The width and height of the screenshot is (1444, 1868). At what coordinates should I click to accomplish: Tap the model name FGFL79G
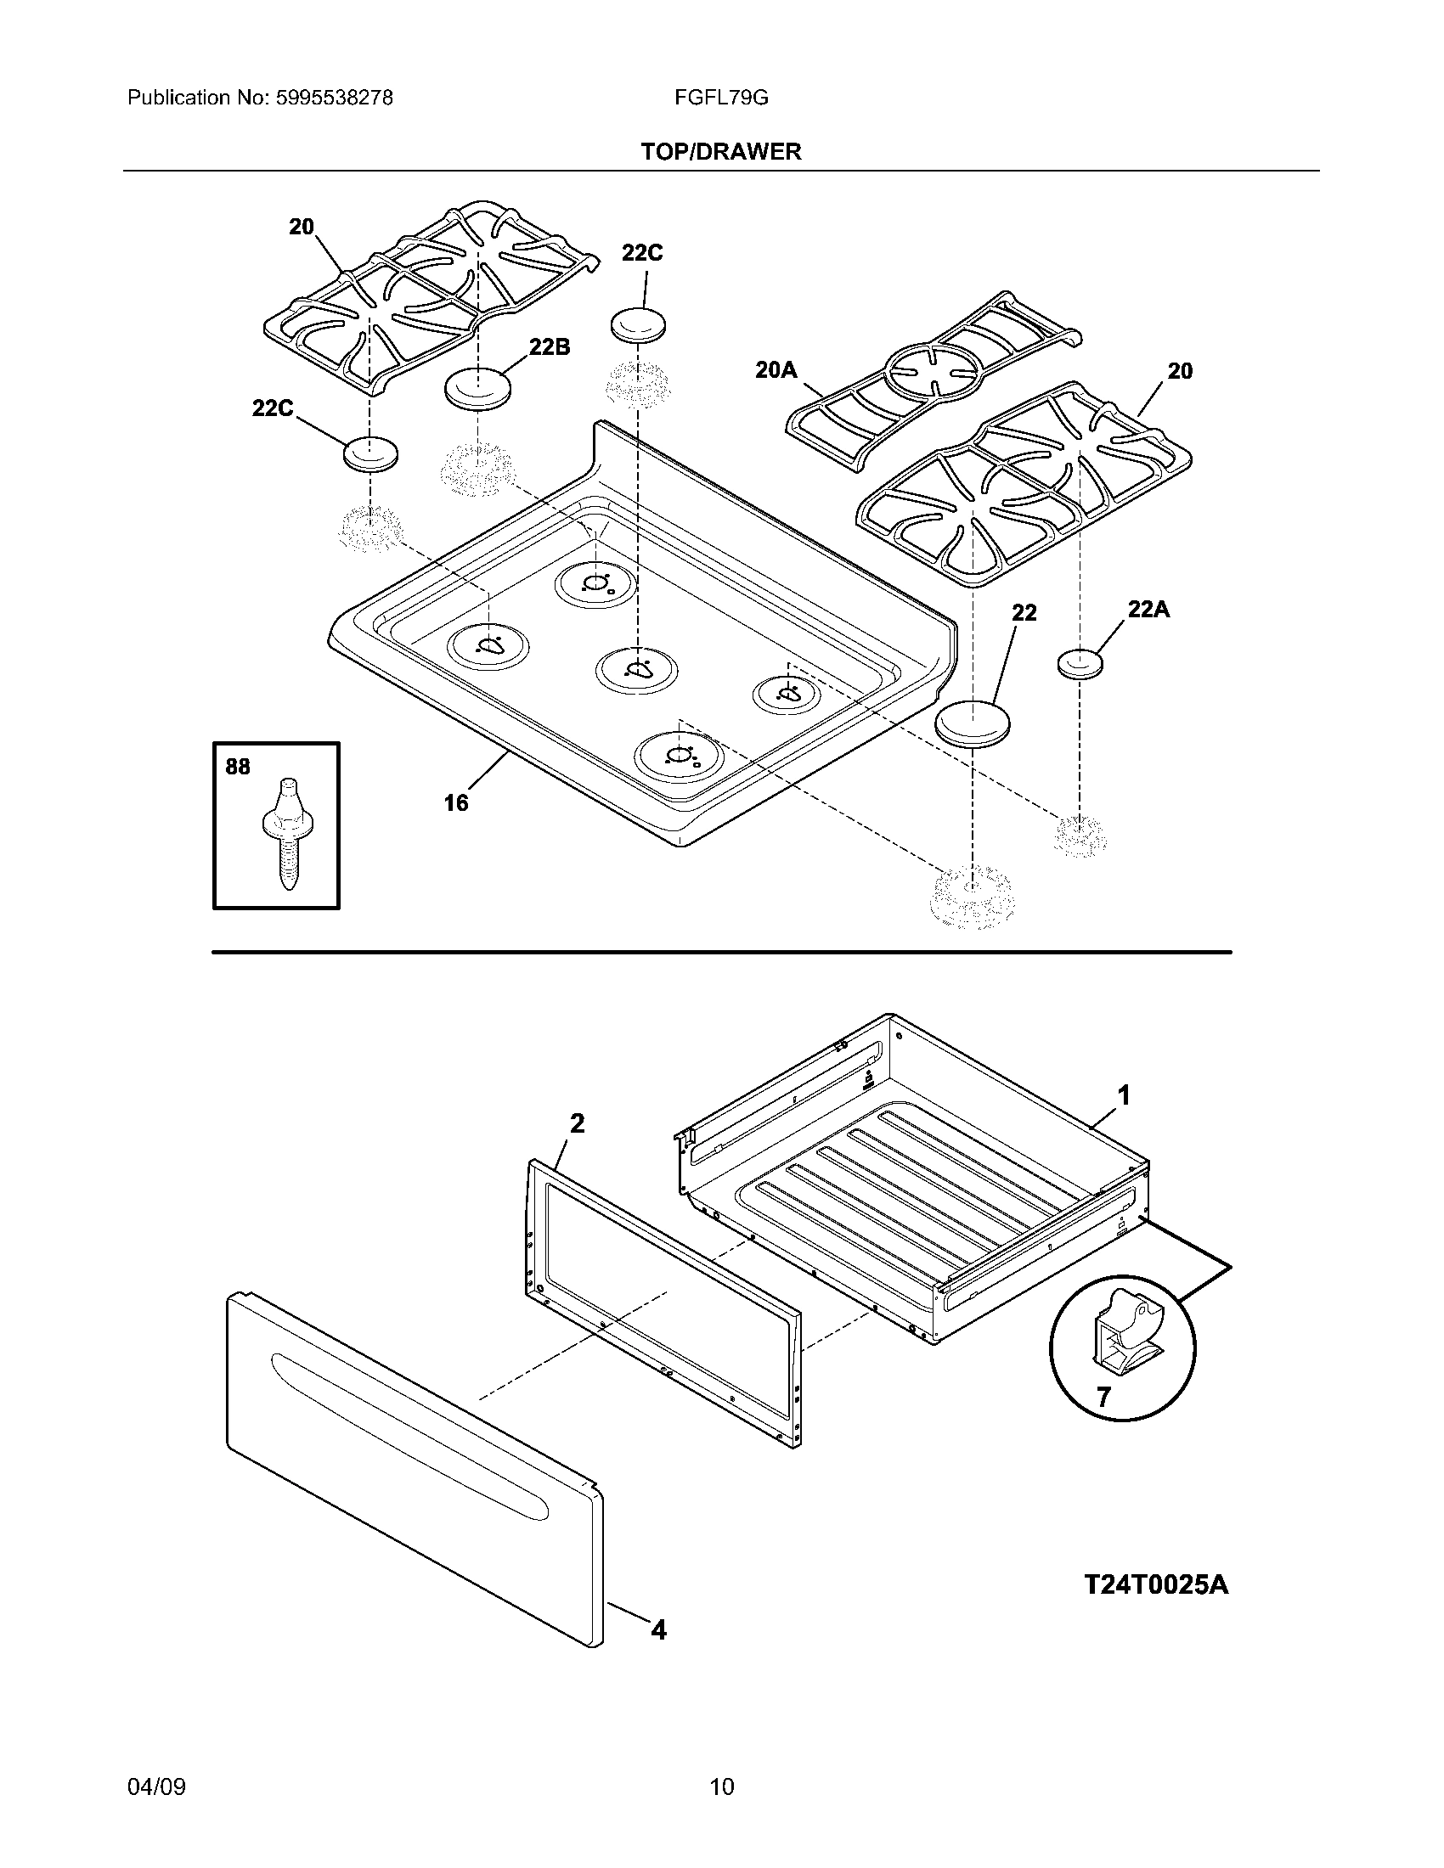720,98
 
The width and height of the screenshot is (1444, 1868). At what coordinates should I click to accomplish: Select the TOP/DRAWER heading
721,152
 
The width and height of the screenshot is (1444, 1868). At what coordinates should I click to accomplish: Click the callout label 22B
550,347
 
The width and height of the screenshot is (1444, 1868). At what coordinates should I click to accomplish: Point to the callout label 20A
776,369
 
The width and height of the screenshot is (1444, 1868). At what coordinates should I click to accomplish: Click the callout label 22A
1148,610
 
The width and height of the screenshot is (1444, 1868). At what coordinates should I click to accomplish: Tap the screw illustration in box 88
287,834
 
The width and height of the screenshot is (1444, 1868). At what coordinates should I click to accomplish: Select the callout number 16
456,802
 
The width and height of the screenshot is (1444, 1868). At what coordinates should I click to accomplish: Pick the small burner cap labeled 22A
1080,664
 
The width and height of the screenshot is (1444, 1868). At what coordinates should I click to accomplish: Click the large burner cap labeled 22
973,724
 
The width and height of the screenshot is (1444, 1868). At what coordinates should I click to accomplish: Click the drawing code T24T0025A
1156,1585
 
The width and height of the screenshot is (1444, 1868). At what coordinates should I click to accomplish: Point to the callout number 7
1103,1398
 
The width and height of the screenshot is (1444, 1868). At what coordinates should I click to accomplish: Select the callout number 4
657,1630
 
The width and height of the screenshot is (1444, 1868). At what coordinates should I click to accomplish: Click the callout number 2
577,1123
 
